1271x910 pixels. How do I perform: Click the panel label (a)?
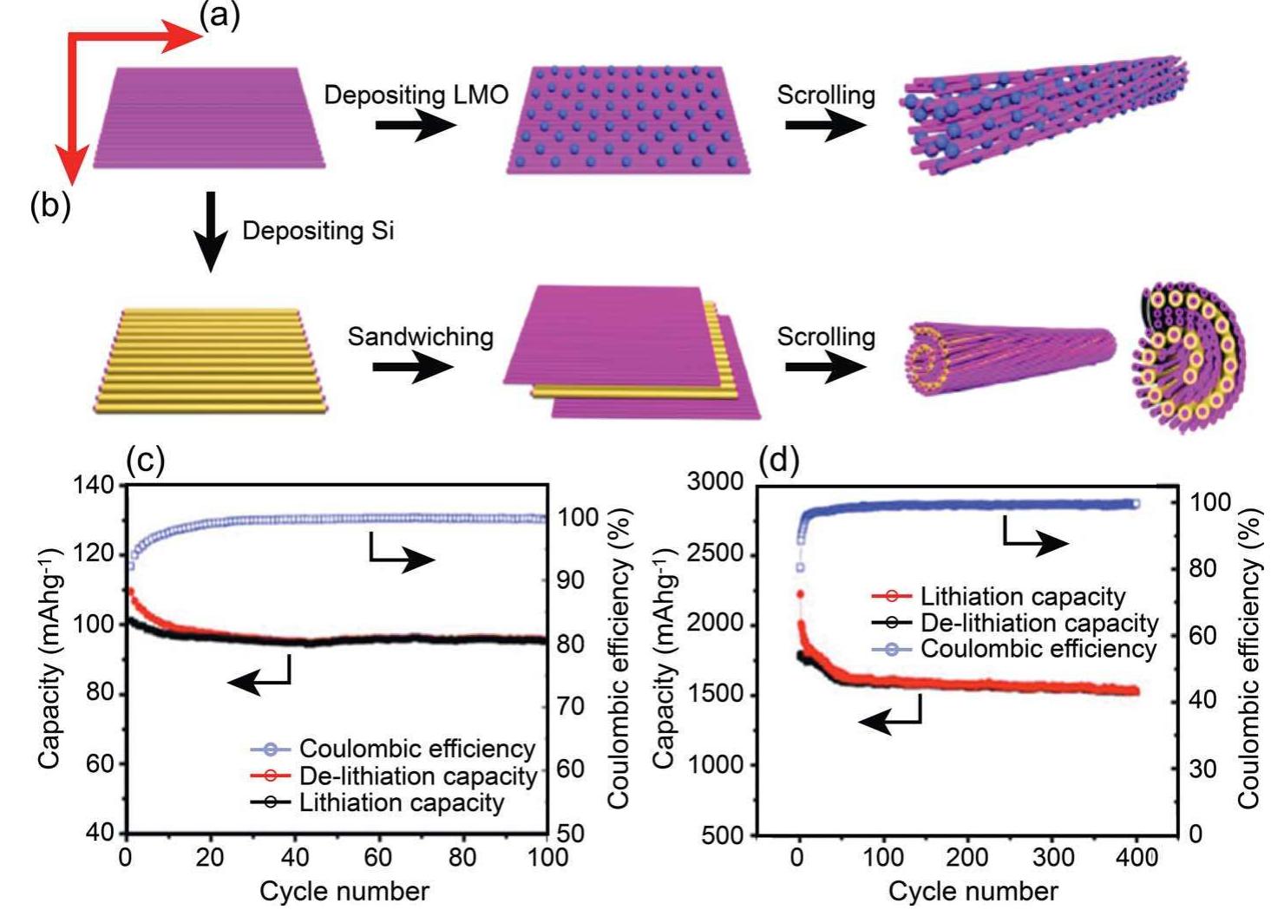pos(219,16)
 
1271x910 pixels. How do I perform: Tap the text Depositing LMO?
pos(416,95)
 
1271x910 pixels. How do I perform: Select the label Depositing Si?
pos(318,231)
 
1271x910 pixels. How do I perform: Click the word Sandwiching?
pos(420,337)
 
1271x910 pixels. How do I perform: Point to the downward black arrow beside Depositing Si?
pos(209,232)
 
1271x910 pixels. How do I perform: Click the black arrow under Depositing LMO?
pos(415,127)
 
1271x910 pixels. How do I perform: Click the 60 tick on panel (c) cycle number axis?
pos(378,858)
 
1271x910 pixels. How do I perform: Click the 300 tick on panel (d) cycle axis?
pos(1052,858)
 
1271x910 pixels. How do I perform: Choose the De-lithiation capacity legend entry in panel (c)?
pos(417,776)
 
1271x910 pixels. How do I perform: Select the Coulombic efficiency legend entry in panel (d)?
pos(1038,649)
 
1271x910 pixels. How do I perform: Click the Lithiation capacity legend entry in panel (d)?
pos(1022,597)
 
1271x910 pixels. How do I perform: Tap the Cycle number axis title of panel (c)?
pos(344,891)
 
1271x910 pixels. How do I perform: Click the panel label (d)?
pos(778,462)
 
